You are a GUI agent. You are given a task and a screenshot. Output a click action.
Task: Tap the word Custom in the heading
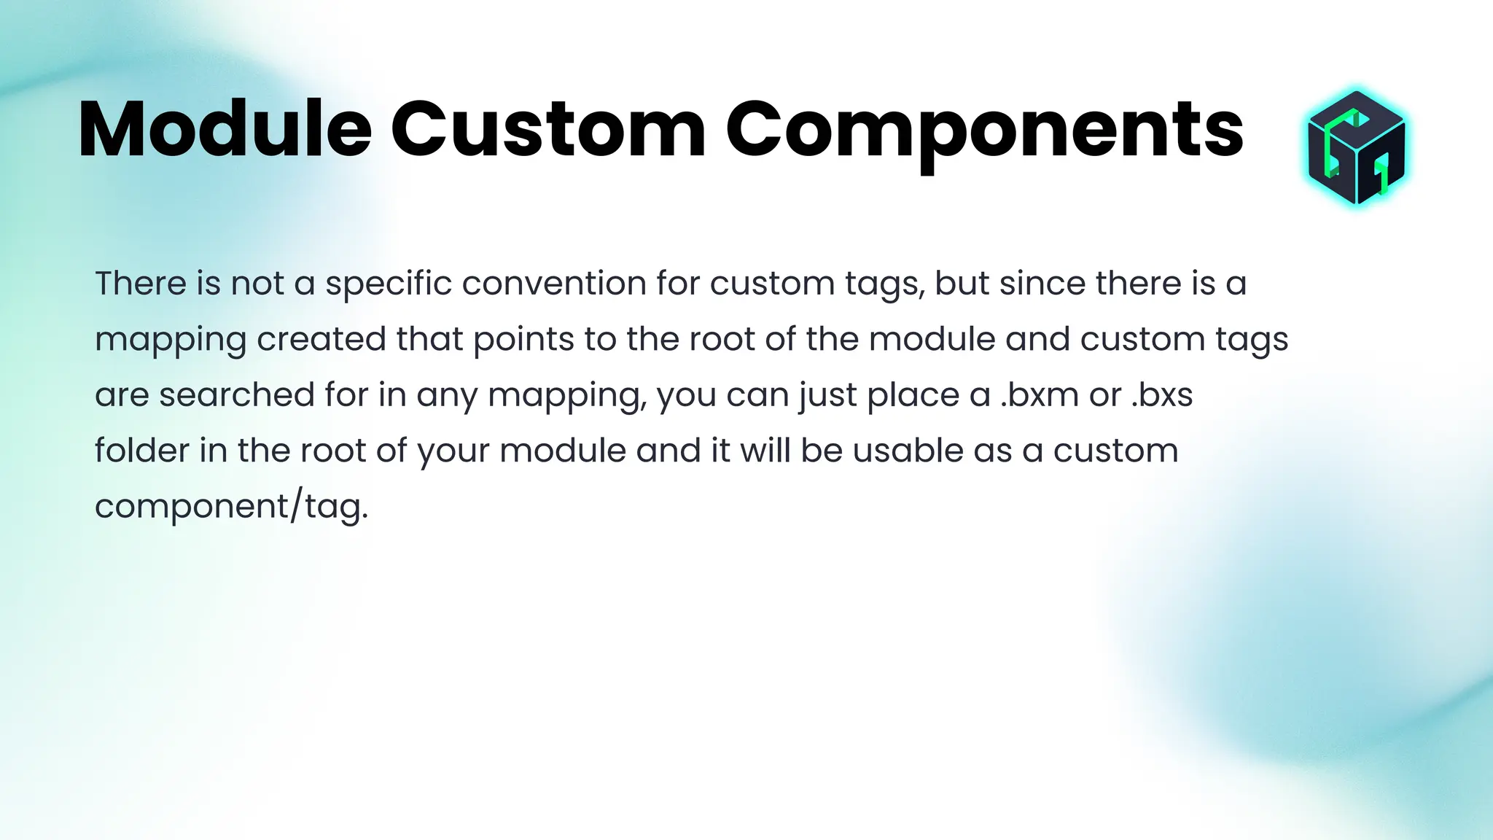pyautogui.click(x=548, y=130)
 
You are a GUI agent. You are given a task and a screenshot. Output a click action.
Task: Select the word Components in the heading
pyautogui.click(x=984, y=130)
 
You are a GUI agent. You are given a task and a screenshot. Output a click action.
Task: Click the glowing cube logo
pyautogui.click(x=1356, y=147)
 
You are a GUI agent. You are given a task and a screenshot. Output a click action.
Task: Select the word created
pyautogui.click(x=321, y=339)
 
